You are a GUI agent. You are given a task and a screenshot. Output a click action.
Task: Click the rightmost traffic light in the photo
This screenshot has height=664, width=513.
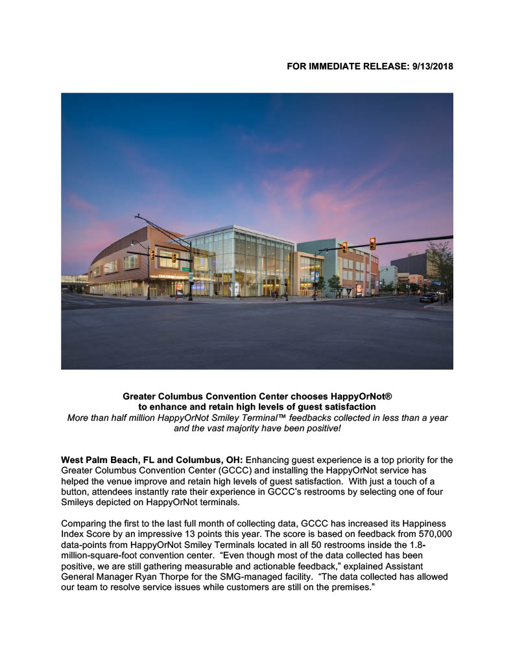tap(372, 244)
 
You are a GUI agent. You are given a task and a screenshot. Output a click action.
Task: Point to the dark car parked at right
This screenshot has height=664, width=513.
tap(429, 297)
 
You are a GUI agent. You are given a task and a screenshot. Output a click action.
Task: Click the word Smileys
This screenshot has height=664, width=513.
tap(79, 502)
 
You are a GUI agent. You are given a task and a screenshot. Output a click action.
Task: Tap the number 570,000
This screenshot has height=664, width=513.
tap(435, 534)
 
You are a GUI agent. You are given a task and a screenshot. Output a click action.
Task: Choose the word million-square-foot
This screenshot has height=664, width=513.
tap(102, 555)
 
